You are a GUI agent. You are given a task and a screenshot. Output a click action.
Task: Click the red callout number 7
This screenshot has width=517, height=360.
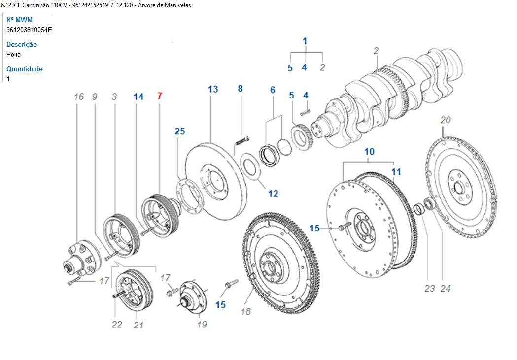pyautogui.click(x=159, y=96)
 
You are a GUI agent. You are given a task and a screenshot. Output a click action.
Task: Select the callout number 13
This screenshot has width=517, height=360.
pyautogui.click(x=212, y=89)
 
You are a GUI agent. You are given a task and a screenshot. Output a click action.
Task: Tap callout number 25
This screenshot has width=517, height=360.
pyautogui.click(x=179, y=131)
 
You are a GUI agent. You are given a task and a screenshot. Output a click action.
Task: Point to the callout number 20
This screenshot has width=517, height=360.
pyautogui.click(x=446, y=120)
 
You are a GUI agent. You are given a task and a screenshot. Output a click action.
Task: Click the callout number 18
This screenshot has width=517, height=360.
pyautogui.click(x=246, y=311)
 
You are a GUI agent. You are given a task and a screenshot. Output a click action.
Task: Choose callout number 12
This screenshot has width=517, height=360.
pyautogui.click(x=273, y=194)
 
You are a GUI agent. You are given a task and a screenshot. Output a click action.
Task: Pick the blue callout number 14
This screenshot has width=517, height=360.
pyautogui.click(x=138, y=97)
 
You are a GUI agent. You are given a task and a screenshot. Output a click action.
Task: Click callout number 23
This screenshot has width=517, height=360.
pyautogui.click(x=430, y=288)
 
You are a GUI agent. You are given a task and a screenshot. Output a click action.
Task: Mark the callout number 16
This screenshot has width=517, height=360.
pyautogui.click(x=79, y=97)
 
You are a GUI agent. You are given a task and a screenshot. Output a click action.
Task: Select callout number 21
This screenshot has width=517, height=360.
pyautogui.click(x=138, y=325)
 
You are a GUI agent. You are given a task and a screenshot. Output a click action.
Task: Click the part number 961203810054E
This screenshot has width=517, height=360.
pyautogui.click(x=29, y=30)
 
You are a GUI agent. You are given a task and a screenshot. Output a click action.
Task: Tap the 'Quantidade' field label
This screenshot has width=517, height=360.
pyautogui.click(x=25, y=69)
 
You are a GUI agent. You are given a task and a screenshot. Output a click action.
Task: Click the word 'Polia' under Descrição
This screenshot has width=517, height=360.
pyautogui.click(x=14, y=54)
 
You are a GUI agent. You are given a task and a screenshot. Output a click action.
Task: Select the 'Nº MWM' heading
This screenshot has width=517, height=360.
pyautogui.click(x=19, y=20)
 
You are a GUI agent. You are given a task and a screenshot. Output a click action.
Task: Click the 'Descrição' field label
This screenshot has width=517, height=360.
pyautogui.click(x=22, y=44)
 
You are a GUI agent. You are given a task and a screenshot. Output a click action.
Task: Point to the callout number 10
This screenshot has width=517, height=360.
pyautogui.click(x=369, y=151)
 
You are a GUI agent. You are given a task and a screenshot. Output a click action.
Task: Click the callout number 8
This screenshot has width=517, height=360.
pyautogui.click(x=241, y=89)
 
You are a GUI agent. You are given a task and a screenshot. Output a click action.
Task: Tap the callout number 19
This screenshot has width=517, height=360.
pyautogui.click(x=202, y=324)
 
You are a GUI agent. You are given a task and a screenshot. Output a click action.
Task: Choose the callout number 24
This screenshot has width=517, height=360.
pyautogui.click(x=446, y=288)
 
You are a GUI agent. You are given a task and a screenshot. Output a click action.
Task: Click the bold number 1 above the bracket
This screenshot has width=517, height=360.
pyautogui.click(x=305, y=41)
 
